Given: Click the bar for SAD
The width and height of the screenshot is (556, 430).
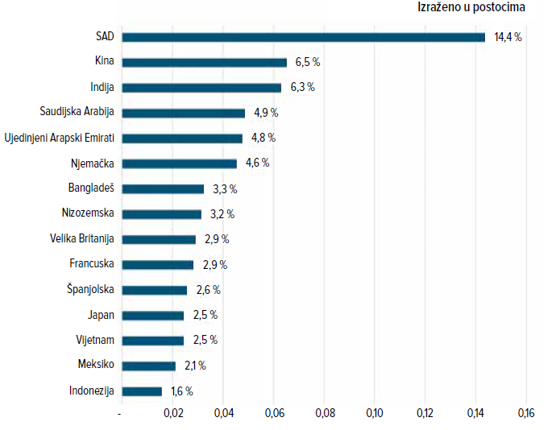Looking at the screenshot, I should pos(303,37).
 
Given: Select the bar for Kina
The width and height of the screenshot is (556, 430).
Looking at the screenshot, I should pos(204,62).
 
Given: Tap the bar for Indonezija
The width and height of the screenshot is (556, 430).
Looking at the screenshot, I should pos(142,391).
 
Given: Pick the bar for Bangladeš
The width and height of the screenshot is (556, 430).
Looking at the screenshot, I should pos(163,189).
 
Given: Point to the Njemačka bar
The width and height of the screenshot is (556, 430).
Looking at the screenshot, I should pos(180,163).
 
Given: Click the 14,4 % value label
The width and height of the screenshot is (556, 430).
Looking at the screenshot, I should pos(508,37).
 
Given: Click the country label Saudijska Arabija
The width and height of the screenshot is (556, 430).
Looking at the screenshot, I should pos(77,112).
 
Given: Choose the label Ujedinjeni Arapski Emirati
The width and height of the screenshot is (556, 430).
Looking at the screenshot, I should pos(59,138).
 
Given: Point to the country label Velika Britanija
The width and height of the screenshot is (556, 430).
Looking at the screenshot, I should pos(81,238).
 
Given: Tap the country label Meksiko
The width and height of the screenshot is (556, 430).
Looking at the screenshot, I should pos(95,365).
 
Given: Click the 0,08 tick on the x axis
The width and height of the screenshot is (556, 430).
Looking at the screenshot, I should pos(325,413).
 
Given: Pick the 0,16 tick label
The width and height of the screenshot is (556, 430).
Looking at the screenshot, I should pos(526,413).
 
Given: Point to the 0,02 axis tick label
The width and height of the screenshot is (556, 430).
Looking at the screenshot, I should pos(173,413).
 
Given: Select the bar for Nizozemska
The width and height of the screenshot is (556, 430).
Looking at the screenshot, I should pos(161,214).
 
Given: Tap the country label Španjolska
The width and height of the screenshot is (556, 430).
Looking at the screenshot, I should pos(91,289).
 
